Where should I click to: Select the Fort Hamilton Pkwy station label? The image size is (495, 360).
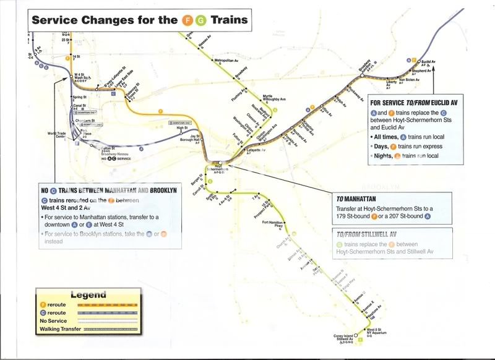click(x=272, y=225)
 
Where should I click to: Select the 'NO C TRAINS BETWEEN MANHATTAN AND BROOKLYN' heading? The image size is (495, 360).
click(x=109, y=191)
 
